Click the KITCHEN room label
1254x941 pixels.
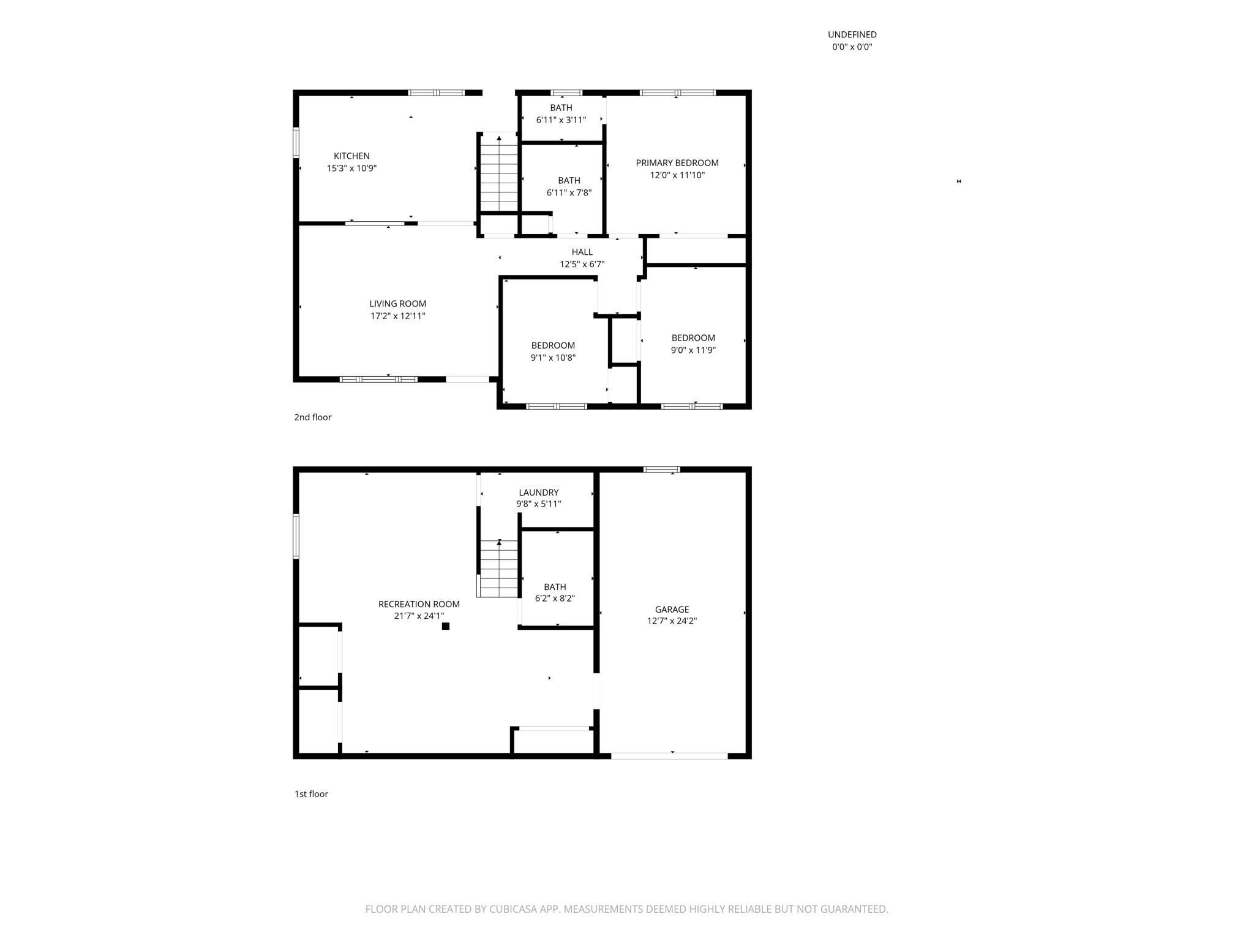[x=351, y=156]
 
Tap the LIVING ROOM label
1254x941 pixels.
[x=397, y=304]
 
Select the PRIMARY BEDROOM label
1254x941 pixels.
[x=677, y=163]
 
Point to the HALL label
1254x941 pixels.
[x=582, y=252]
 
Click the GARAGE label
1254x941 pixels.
[x=672, y=610]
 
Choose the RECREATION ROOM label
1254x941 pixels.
[x=419, y=604]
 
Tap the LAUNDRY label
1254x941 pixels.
[x=538, y=493]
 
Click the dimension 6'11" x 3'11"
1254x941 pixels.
[x=561, y=120]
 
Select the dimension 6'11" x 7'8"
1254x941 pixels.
[x=569, y=193]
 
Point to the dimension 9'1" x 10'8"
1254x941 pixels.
[x=553, y=358]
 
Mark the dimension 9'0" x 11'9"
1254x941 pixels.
[x=693, y=350]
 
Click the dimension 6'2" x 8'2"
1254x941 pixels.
[x=555, y=599]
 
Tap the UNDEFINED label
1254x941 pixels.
[x=852, y=35]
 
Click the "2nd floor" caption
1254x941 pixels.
[x=312, y=417]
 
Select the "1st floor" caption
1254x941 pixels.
[x=311, y=794]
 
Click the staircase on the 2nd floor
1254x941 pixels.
[x=500, y=173]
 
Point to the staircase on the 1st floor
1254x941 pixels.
[x=498, y=569]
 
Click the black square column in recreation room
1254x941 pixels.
[x=446, y=626]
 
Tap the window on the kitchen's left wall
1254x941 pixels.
[x=296, y=143]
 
